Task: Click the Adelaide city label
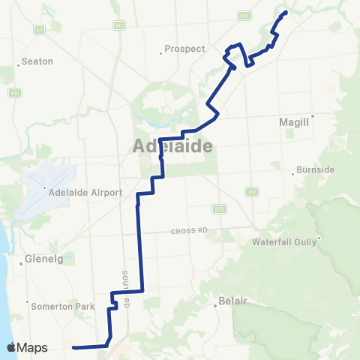[172, 145]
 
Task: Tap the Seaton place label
[37, 61]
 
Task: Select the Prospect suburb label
[184, 49]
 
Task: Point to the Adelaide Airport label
[85, 193]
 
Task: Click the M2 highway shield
[119, 25]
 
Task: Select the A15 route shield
[13, 92]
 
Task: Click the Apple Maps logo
[27, 347]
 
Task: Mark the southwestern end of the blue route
[73, 347]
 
